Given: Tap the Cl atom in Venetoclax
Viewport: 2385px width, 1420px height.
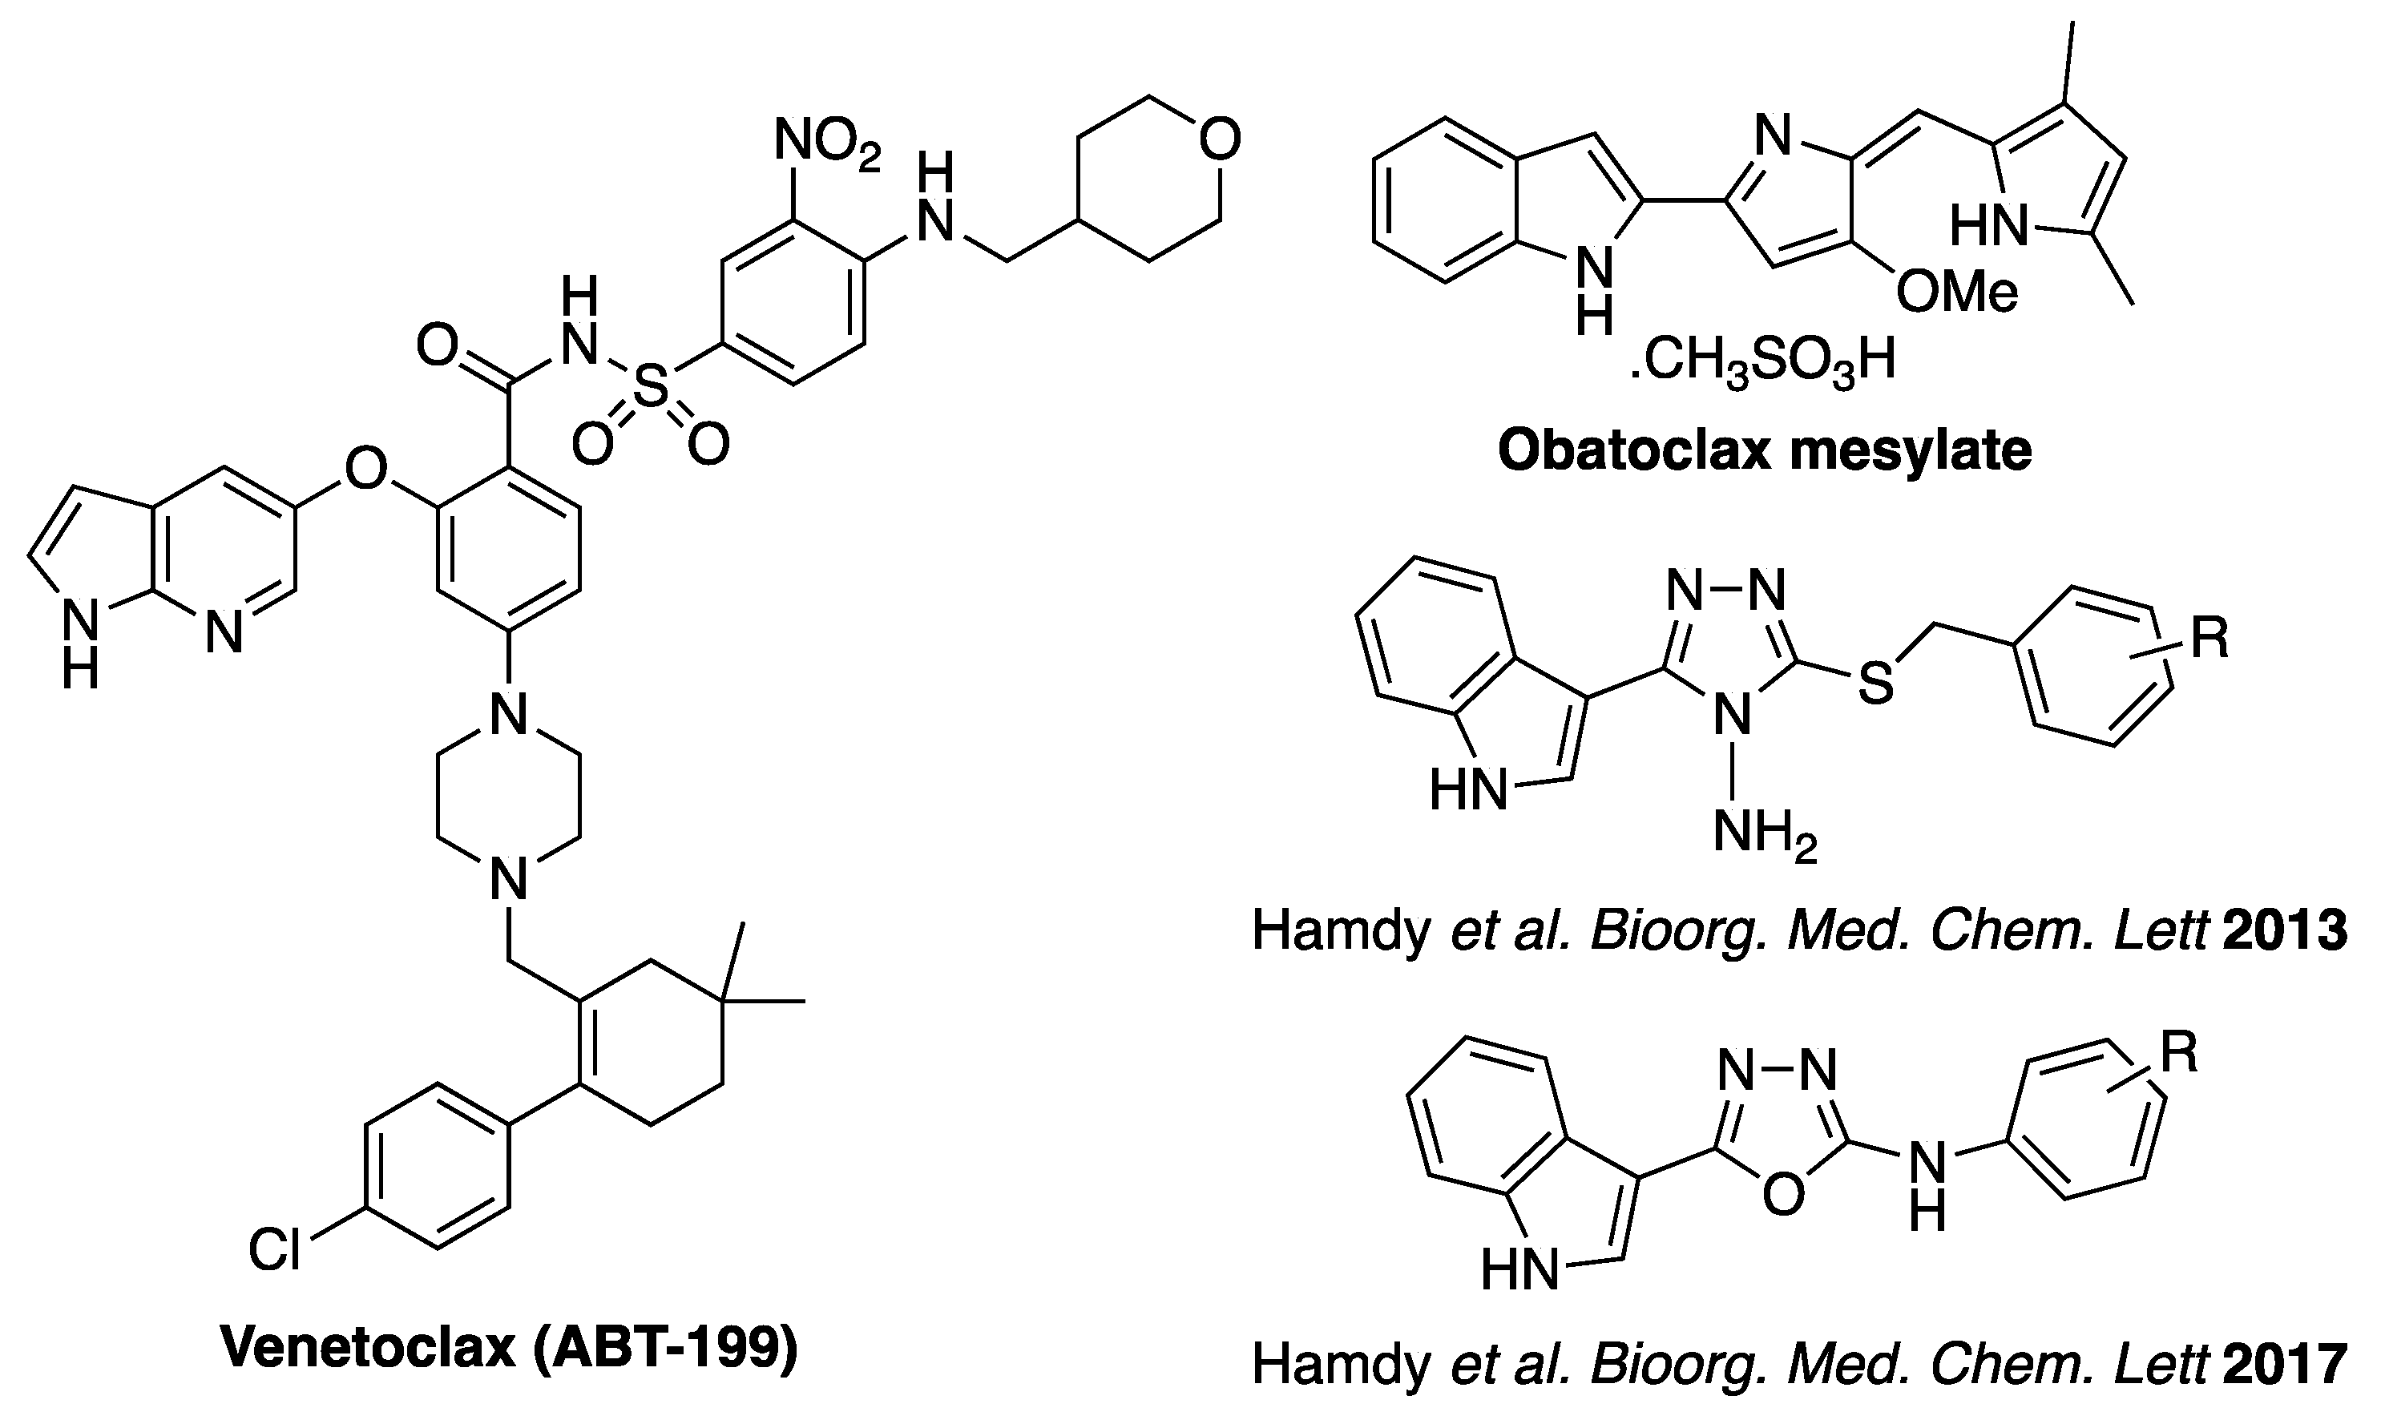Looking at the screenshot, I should pyautogui.click(x=275, y=1249).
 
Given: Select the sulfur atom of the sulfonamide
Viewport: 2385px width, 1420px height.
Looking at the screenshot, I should pyautogui.click(x=651, y=390).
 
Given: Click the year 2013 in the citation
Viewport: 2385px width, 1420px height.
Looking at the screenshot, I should pyautogui.click(x=2286, y=931).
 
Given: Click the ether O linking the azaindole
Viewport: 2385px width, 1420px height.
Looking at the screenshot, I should pyautogui.click(x=365, y=470).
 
